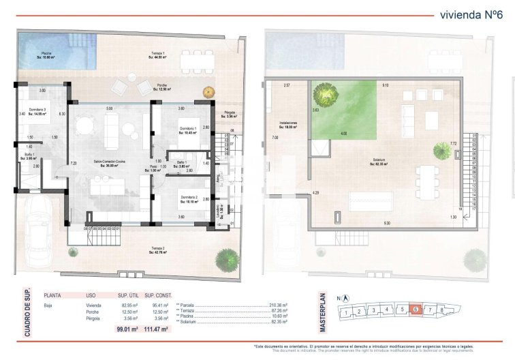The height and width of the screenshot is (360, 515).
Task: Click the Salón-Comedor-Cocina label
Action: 108,162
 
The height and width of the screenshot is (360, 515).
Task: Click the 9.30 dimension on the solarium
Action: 387,224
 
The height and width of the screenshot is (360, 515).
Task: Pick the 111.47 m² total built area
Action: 158,329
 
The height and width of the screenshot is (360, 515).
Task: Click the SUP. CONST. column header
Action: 158,295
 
